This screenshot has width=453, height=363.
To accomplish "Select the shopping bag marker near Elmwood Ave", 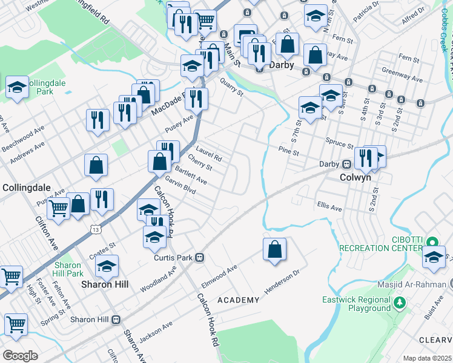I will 274,249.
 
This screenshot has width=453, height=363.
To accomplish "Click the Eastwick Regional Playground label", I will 355,304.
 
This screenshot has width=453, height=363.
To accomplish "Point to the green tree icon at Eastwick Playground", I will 399,302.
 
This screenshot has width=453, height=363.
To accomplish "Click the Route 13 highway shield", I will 95,229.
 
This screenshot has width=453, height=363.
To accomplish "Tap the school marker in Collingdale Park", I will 18,88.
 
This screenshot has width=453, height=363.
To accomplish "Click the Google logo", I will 20,355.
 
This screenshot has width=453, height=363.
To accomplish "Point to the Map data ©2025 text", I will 427,358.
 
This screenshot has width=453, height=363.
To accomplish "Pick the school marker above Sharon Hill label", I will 107,266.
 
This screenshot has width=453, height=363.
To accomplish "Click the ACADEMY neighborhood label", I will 238,300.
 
